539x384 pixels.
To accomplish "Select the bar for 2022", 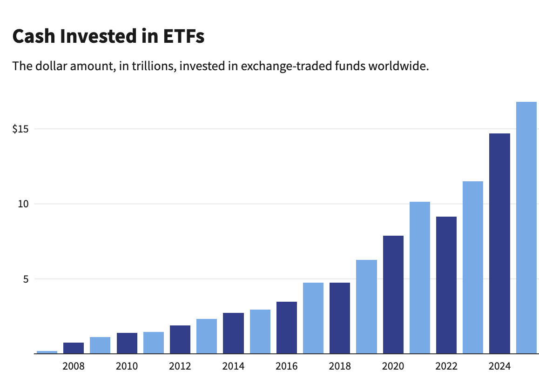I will (x=446, y=285).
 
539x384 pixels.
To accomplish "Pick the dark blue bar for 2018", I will (x=340, y=318).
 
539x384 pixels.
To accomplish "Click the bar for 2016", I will (x=287, y=327).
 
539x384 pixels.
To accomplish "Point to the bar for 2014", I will (x=233, y=333).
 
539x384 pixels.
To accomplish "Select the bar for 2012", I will (x=180, y=339).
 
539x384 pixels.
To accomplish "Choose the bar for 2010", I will (x=127, y=343).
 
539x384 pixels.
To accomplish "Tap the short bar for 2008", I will (x=74, y=348).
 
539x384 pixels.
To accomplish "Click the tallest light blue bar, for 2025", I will (x=526, y=227).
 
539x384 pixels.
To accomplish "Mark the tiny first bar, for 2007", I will (x=47, y=352).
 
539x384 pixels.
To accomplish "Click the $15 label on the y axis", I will (x=20, y=129).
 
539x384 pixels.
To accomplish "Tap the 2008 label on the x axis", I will (x=74, y=366).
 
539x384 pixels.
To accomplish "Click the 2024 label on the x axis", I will (x=499, y=366).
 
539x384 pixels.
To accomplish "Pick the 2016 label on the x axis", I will (x=287, y=366).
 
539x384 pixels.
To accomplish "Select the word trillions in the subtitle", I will (x=149, y=66).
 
